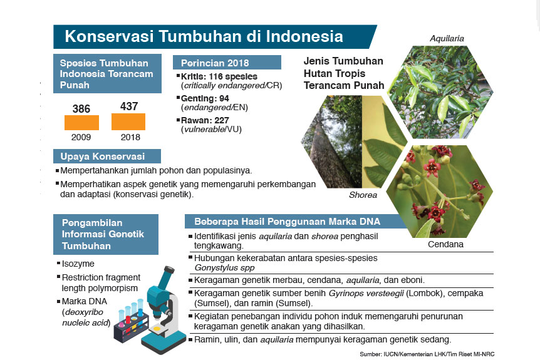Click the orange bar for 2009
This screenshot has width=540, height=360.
81,123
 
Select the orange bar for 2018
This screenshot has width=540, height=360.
128,122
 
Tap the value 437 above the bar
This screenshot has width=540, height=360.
129,106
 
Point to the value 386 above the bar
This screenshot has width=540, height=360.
81,109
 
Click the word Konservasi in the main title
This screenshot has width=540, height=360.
109,36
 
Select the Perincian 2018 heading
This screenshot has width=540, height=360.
214,63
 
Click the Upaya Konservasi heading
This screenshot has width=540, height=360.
102,157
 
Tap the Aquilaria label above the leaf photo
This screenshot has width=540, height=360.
447,39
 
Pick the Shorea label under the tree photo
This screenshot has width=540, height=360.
363,195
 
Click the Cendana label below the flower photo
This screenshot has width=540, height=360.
445,244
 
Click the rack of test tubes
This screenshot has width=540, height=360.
132,322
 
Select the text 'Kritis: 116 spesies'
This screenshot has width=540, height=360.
219,76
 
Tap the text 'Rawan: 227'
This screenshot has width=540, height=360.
205,120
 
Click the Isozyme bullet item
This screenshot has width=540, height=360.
78,264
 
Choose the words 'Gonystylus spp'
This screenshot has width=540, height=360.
224,268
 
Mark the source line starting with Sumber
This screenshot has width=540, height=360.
427,354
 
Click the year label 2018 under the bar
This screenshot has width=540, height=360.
130,137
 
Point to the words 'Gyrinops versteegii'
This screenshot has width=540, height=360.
366,293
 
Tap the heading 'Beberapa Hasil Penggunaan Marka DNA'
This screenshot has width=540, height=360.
287,222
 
